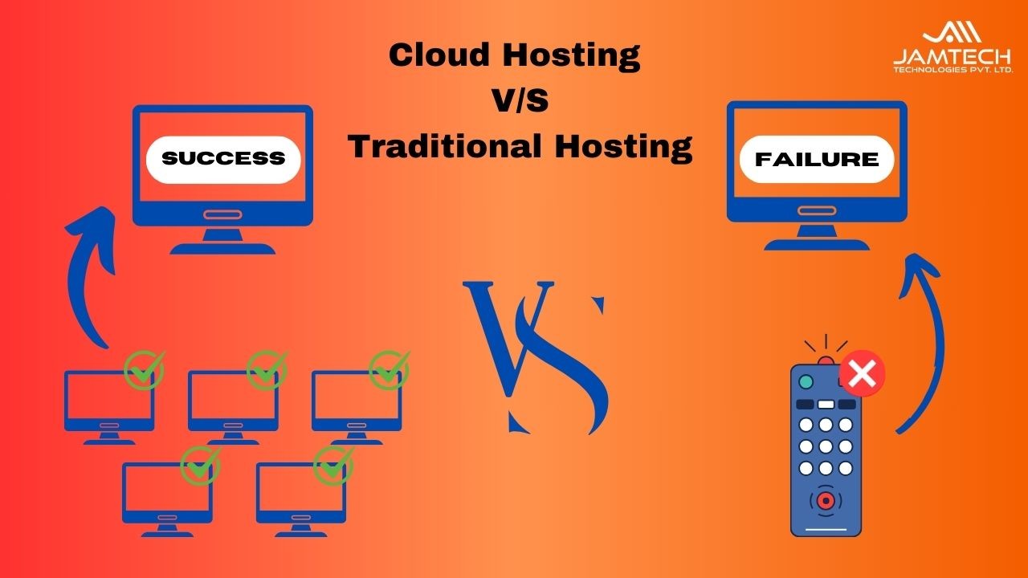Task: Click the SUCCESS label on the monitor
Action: tap(223, 160)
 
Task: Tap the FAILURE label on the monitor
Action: tap(817, 159)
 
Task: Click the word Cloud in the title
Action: tap(439, 55)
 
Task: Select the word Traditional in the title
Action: tap(444, 146)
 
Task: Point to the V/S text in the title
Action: tap(521, 100)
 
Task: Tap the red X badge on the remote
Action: tap(863, 373)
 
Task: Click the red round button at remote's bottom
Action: tap(826, 500)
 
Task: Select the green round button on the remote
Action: tap(806, 381)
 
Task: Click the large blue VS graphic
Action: tap(536, 358)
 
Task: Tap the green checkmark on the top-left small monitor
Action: tap(145, 370)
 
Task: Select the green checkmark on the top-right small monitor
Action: tap(390, 370)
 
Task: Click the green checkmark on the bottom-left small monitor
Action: tap(201, 465)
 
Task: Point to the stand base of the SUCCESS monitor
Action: tap(223, 249)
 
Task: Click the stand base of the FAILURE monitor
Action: tap(817, 245)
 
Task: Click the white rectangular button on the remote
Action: tap(826, 405)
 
